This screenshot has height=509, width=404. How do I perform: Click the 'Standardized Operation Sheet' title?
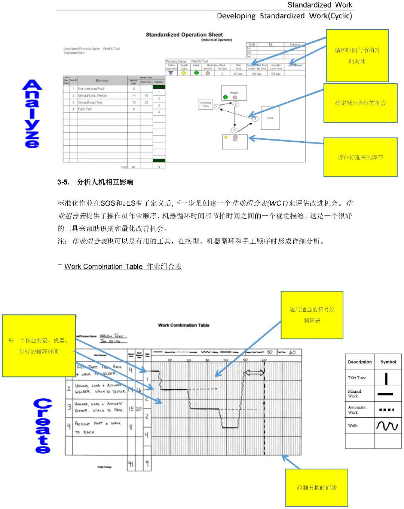pyautogui.click(x=184, y=35)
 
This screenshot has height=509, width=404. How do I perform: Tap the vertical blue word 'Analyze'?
pyautogui.click(x=32, y=114)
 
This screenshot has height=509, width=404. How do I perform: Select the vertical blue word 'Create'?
pyautogui.click(x=43, y=426)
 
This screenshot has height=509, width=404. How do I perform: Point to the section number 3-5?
pyautogui.click(x=63, y=182)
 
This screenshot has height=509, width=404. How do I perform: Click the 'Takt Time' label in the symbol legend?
pyautogui.click(x=357, y=378)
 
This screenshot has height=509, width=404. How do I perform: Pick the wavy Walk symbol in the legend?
pyautogui.click(x=387, y=426)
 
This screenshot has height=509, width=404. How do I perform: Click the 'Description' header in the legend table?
pyautogui.click(x=359, y=362)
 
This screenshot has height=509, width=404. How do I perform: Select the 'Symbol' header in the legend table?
pyautogui.click(x=388, y=362)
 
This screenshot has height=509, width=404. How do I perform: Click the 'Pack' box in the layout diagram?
pyautogui.click(x=270, y=118)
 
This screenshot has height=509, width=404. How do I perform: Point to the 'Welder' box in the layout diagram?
pyautogui.click(x=234, y=93)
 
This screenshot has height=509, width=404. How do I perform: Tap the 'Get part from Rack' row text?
pyautogui.click(x=91, y=89)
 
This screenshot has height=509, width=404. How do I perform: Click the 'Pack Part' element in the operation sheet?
pyautogui.click(x=85, y=109)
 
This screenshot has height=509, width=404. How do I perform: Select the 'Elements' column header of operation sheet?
pyautogui.click(x=102, y=81)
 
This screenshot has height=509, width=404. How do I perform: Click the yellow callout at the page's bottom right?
pyautogui.click(x=316, y=488)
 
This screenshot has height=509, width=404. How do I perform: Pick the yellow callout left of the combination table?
pyautogui.click(x=39, y=346)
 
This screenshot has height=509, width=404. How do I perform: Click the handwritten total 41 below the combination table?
pyautogui.click(x=131, y=464)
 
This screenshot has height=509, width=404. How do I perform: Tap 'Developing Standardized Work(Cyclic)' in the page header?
pyautogui.click(x=284, y=16)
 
